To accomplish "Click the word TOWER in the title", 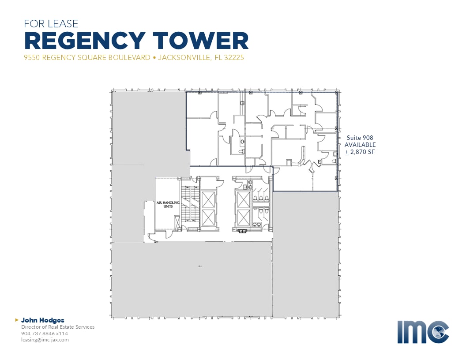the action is coord(201,41).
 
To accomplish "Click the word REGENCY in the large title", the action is coord(85,41).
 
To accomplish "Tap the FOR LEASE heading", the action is coord(51,23).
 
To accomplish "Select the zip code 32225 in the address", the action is coord(234,57).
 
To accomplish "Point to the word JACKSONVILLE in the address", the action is coord(184,57).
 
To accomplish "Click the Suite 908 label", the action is coord(360,138).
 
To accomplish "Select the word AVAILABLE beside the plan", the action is coord(360,145).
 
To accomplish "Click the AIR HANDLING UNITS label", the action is coord(168,204).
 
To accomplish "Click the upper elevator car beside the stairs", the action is coord(208,199).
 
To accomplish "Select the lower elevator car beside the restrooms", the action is coord(244,217).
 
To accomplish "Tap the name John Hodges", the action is coord(42,320).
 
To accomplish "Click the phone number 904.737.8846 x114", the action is coord(45,333).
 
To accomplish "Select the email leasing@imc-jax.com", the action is coord(45,340).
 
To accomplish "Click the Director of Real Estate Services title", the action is coord(58,327).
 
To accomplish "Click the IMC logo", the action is coord(423,332).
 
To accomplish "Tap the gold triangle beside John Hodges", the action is coord(17,320).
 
